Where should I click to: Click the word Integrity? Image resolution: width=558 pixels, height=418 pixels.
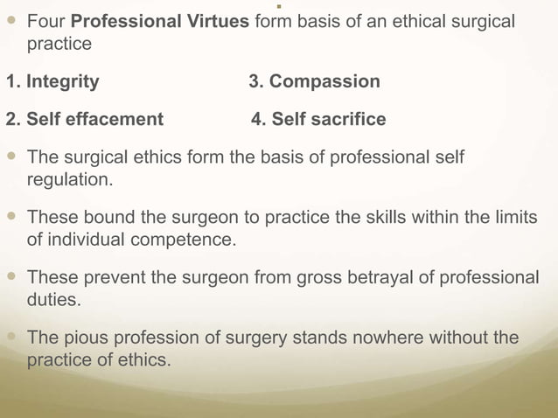tap(62, 82)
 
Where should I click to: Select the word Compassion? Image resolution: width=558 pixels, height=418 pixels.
tap(324, 82)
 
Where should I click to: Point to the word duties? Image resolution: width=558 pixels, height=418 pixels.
tap(53, 298)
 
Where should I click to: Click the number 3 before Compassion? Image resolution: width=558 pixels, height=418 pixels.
tap(255, 82)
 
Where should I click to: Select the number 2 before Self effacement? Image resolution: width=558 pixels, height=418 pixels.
tap(10, 119)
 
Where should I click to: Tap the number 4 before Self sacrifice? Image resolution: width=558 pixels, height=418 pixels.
tap(256, 119)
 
